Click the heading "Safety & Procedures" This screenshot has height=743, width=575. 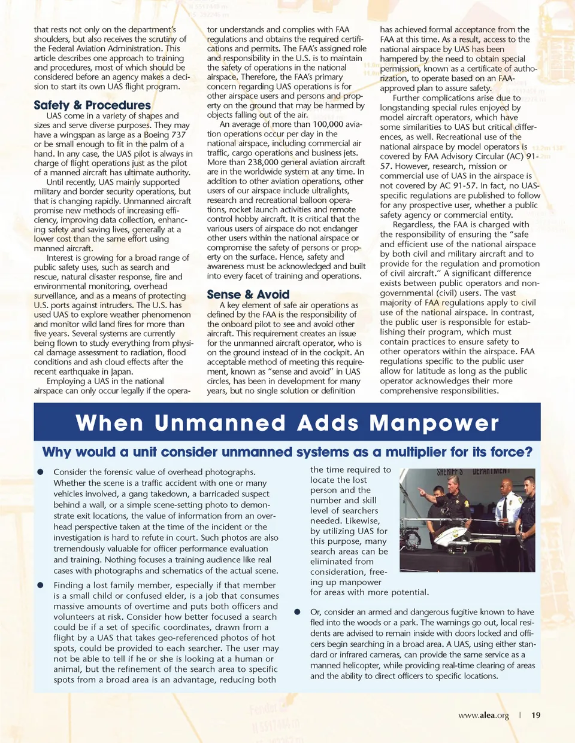click(92, 105)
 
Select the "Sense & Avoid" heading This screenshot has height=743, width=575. click(248, 294)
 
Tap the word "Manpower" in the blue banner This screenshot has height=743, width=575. click(434, 423)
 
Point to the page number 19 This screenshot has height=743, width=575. click(535, 715)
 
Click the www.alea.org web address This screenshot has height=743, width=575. click(483, 715)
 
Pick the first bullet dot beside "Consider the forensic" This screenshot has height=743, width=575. click(41, 472)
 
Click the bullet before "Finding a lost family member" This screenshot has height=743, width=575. click(41, 585)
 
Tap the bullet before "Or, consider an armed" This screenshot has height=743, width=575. click(297, 612)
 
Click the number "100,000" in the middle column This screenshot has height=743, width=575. click(328, 124)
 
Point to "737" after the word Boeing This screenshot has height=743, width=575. click(178, 135)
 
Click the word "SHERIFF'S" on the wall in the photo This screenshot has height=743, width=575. click(450, 472)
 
